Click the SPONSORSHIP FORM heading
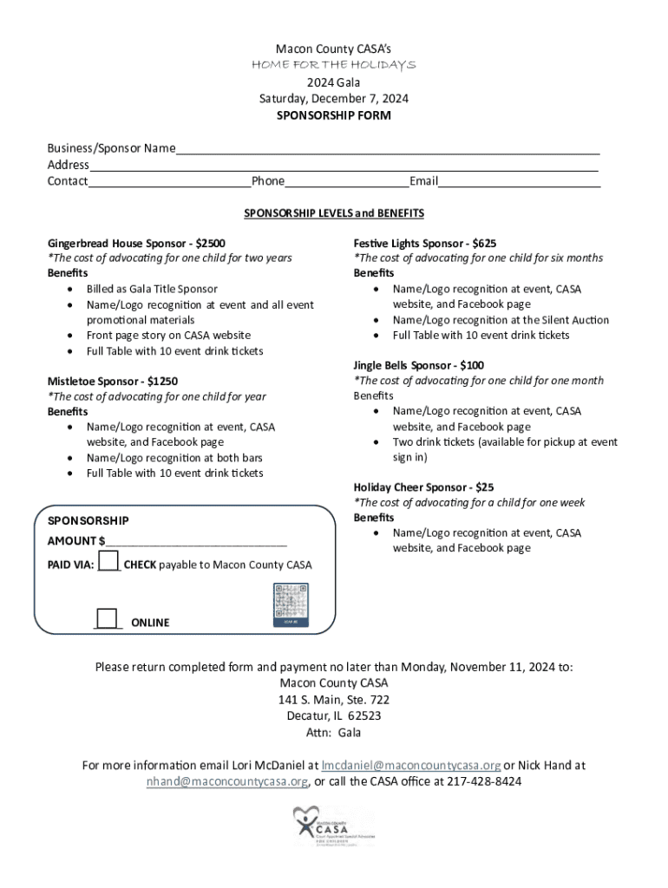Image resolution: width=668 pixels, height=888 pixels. pyautogui.click(x=333, y=115)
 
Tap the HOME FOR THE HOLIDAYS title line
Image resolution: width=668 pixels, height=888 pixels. pyautogui.click(x=333, y=65)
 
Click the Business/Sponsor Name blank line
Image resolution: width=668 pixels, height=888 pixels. pyautogui.click(x=387, y=149)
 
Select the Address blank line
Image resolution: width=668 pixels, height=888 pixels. pyautogui.click(x=344, y=166)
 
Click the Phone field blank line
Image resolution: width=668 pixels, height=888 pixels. pyautogui.click(x=346, y=182)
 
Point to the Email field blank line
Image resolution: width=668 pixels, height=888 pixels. pyautogui.click(x=519, y=182)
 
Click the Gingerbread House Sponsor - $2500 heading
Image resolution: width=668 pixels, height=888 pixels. pyautogui.click(x=136, y=244)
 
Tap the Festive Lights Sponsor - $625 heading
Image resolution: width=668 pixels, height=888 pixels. pyautogui.click(x=424, y=244)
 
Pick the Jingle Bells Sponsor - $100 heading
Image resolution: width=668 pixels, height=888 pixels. pyautogui.click(x=418, y=365)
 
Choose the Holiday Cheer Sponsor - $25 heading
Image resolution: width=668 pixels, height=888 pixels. pyautogui.click(x=422, y=487)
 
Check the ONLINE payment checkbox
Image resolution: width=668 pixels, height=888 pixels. pyautogui.click(x=107, y=618)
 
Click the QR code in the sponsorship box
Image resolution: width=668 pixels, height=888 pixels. pyautogui.click(x=291, y=604)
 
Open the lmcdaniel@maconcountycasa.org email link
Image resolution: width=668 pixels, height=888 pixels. pyautogui.click(x=410, y=766)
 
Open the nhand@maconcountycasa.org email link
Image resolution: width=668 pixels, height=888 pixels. pyautogui.click(x=226, y=781)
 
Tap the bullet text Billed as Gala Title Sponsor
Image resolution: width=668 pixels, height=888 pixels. pyautogui.click(x=152, y=289)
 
